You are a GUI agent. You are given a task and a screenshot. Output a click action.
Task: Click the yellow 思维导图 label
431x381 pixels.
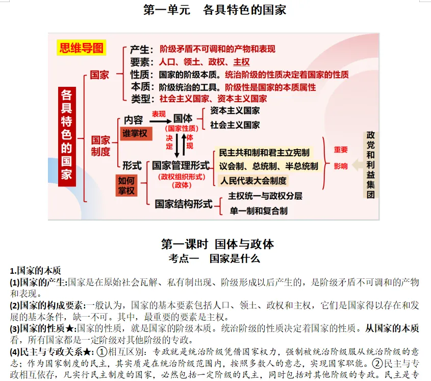(x=81, y=49)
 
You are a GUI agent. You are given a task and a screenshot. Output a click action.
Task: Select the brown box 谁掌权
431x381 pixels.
(x=135, y=133)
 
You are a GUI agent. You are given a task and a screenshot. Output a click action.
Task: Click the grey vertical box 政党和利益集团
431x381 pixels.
(x=371, y=165)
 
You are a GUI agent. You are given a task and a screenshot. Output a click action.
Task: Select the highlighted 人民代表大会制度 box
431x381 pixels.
(x=253, y=180)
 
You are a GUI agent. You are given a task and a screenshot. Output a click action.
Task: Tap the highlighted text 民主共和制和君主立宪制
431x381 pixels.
(x=264, y=153)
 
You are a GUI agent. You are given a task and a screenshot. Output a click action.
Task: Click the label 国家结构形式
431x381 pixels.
(x=183, y=204)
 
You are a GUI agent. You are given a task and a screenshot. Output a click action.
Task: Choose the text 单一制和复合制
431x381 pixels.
(x=258, y=211)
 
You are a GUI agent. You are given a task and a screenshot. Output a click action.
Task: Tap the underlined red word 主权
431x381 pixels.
(x=241, y=62)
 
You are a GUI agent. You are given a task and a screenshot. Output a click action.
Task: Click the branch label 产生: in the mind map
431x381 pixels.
(x=141, y=50)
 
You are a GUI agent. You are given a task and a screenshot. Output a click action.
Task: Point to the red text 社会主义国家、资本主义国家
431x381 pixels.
(x=213, y=99)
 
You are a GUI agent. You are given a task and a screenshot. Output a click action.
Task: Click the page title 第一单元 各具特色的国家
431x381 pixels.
(x=215, y=10)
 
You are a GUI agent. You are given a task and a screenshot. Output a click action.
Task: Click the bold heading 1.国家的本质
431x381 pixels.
(x=39, y=271)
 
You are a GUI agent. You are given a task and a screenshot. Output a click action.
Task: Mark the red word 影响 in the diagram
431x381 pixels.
(x=341, y=166)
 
